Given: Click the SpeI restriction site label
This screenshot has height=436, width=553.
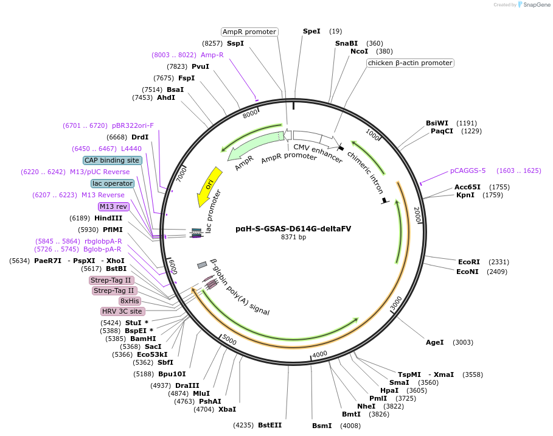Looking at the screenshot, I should click(311, 31).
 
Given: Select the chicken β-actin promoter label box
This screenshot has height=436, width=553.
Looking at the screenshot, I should click(410, 63).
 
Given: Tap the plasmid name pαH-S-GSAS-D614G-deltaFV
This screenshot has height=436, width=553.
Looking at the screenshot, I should click(293, 228).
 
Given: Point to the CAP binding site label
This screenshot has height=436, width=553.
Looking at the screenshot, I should click(112, 160).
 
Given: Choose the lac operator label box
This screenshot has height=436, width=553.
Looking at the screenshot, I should click(112, 183).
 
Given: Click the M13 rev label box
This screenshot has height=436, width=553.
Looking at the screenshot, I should click(114, 206).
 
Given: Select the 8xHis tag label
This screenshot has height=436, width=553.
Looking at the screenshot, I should click(130, 301).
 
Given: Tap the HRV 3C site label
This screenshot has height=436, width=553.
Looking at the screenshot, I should click(122, 311).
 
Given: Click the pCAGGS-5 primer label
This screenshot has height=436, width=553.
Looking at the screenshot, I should click(468, 171).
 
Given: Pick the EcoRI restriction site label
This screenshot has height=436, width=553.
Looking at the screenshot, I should click(469, 262).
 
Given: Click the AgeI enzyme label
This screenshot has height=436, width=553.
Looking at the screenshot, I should click(435, 342).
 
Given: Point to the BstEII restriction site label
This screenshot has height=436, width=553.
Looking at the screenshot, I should click(270, 425).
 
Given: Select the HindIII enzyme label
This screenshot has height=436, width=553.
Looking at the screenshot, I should click(109, 218).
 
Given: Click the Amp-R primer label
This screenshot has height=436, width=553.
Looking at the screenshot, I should click(212, 55).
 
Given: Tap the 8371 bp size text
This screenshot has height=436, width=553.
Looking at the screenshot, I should click(293, 237).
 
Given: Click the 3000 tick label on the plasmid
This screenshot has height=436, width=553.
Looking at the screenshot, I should click(396, 302).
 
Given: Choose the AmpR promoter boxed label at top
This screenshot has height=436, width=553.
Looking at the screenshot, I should click(249, 32).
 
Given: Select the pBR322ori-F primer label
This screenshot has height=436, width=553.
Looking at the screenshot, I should click(133, 125).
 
